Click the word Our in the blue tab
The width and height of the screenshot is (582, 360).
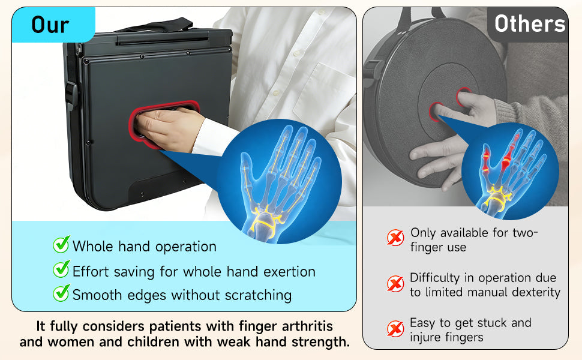point(50,25)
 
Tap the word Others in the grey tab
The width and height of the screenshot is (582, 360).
point(530,24)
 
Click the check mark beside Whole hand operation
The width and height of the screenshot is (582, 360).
point(61,245)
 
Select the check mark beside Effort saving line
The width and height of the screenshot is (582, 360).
point(61,269)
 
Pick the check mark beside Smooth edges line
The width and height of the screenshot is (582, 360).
point(61,293)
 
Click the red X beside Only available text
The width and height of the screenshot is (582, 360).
point(395,238)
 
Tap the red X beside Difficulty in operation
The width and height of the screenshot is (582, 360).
point(395,284)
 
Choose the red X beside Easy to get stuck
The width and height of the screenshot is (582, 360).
point(395,328)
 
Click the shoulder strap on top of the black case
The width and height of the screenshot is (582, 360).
point(156,26)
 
